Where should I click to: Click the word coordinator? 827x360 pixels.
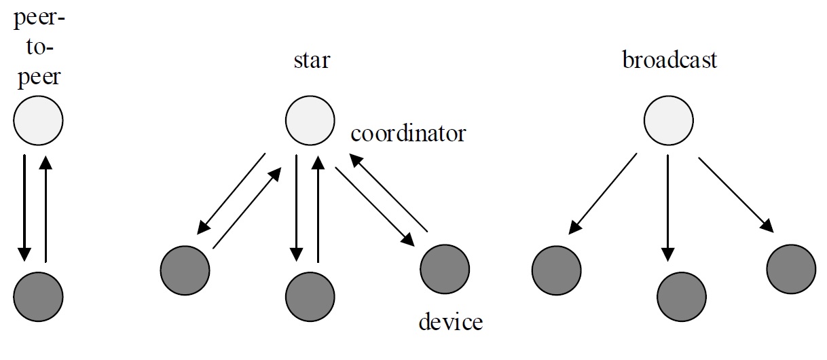coord(408,133)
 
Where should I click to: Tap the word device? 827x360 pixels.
coord(450,321)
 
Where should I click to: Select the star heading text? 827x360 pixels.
coord(311,60)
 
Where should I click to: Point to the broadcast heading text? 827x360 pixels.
coord(669,60)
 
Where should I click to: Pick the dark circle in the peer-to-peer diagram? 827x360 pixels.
coord(38,296)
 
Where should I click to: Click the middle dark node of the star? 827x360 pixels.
coord(310,296)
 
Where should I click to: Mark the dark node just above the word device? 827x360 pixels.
coord(445,270)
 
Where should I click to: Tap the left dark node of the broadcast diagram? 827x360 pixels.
coord(555,270)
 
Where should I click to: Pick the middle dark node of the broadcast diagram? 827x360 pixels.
coord(682,296)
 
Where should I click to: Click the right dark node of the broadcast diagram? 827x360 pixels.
coord(791,270)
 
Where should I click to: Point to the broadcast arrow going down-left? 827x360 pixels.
coord(602,194)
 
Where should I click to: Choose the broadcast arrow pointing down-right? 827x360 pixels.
coord(735,194)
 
